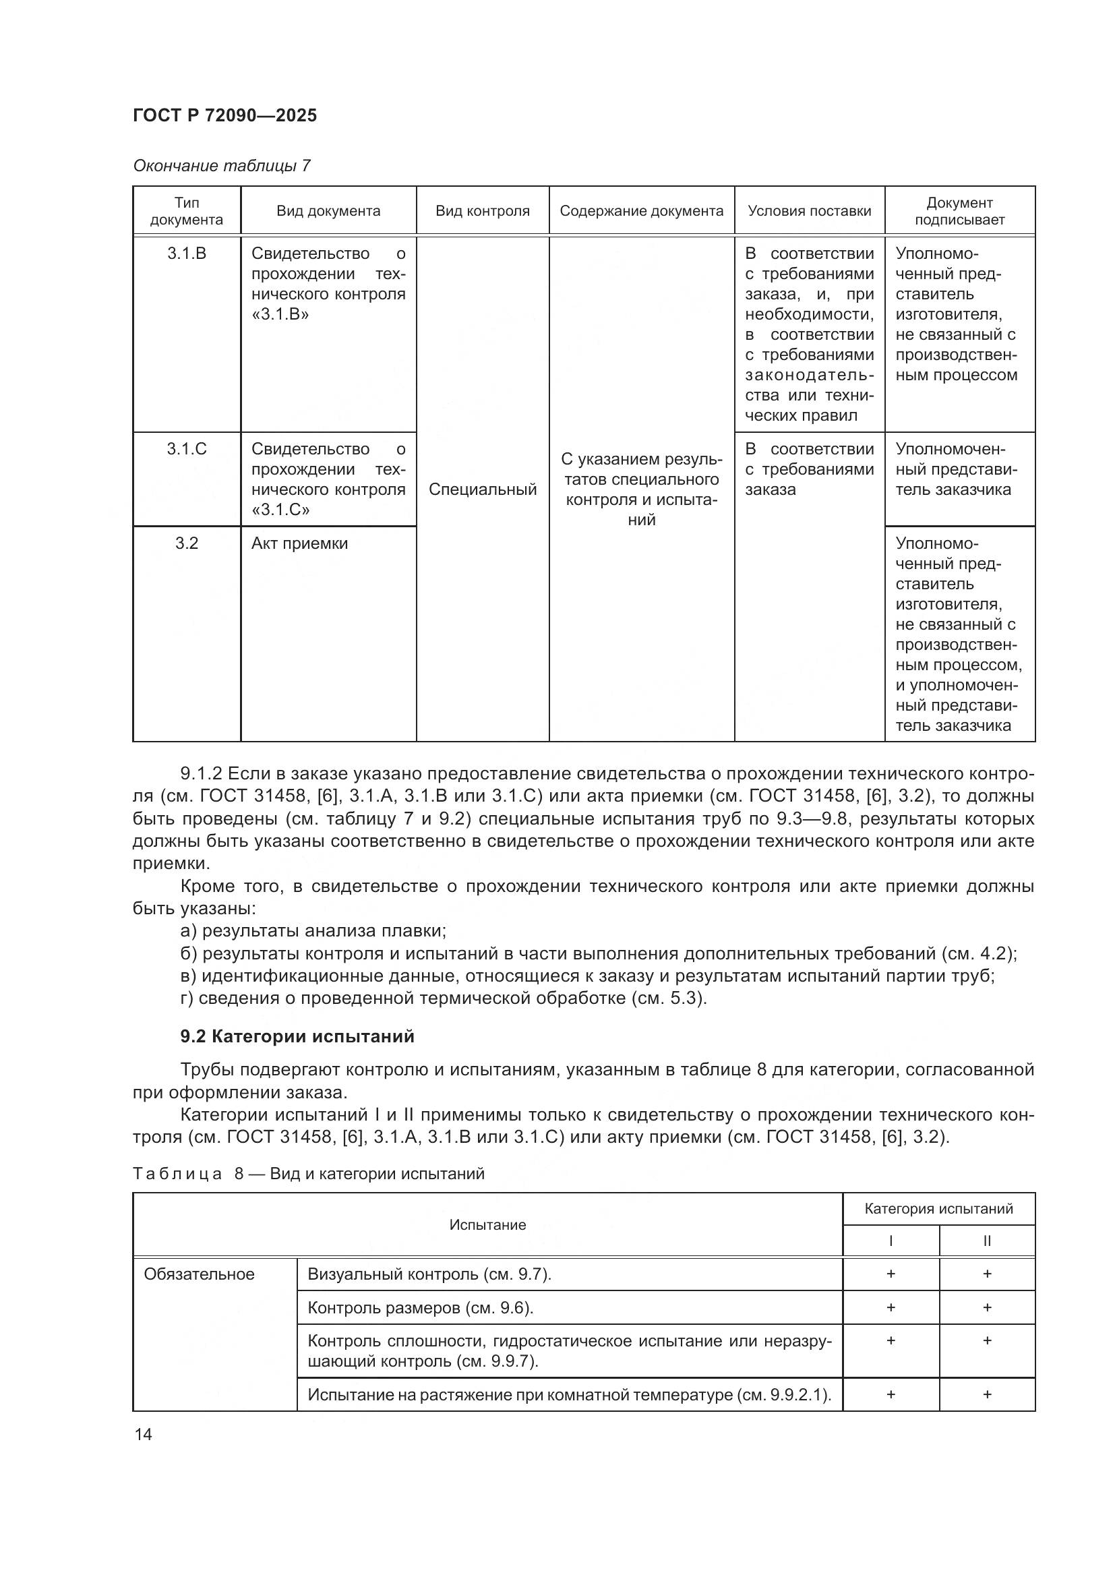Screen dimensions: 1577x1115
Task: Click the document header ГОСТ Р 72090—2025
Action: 224,115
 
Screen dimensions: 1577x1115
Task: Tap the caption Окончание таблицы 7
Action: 221,166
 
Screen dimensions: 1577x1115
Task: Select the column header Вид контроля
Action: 482,211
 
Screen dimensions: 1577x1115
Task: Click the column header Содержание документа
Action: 641,211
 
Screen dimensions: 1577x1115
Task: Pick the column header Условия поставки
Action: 809,211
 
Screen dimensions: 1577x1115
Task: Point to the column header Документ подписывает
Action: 959,211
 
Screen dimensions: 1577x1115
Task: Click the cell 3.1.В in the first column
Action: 186,254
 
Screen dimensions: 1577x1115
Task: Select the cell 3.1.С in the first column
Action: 186,449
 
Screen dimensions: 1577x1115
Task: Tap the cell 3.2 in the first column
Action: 186,543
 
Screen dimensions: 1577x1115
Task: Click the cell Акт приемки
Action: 299,543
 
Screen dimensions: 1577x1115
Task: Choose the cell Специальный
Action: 482,489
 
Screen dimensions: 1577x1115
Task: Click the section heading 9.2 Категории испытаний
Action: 297,1036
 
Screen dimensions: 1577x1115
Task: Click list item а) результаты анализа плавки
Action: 313,930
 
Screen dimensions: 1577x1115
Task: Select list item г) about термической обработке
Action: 444,998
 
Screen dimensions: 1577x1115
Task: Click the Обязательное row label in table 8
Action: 199,1274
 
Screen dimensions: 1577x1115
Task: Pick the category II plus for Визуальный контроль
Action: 987,1274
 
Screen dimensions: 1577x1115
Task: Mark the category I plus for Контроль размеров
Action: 891,1307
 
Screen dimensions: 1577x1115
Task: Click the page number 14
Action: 144,1434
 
